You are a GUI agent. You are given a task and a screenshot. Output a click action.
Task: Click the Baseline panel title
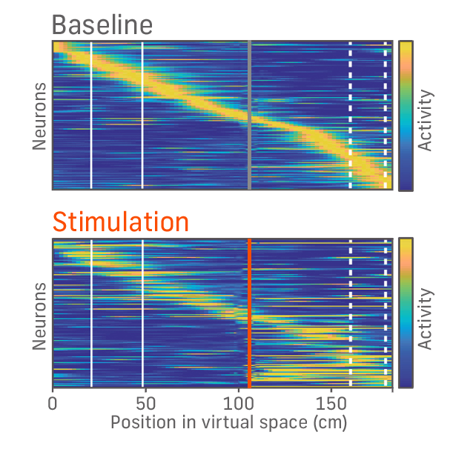pos(102,24)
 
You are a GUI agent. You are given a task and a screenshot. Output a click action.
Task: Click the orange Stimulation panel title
pos(120,221)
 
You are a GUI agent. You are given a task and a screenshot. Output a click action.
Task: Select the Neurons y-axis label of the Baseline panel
pos(40,116)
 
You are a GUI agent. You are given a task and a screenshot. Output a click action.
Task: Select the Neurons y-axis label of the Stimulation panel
pos(40,315)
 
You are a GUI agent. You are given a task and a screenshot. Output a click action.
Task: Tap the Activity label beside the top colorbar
pos(425,120)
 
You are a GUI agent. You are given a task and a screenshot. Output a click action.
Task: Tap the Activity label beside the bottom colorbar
pos(425,319)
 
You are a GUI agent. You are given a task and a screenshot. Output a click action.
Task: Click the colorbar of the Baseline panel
pos(406,115)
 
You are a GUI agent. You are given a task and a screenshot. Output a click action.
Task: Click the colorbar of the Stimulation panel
pos(406,312)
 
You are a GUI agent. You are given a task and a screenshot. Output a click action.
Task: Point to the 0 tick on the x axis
pos(53,404)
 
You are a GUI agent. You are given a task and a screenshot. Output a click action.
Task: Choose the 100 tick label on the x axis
pos(239,404)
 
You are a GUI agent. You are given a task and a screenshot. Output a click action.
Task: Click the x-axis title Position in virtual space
pos(228,422)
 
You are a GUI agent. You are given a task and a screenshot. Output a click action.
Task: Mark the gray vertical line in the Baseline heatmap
pos(249,115)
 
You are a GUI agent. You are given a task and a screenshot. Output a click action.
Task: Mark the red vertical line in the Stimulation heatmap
pos(249,312)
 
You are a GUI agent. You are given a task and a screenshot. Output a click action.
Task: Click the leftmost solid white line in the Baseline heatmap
pos(91,115)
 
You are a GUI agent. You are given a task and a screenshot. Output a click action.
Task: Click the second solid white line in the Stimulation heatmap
pos(142,312)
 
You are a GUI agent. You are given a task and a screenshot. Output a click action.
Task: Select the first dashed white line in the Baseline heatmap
pos(350,115)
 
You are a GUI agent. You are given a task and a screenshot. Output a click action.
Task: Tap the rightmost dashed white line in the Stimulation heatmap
pos(385,312)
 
